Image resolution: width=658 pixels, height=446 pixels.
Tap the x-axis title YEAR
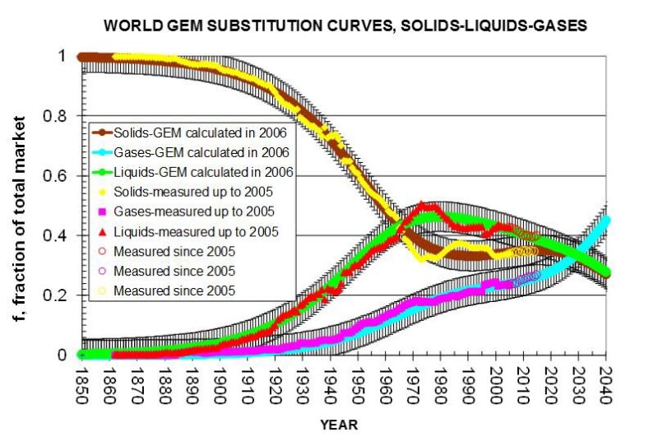(339, 425)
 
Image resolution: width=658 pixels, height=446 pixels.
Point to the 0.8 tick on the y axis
(61, 116)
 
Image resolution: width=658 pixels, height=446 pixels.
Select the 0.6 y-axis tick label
(61, 176)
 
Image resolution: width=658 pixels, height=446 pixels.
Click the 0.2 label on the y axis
(61, 295)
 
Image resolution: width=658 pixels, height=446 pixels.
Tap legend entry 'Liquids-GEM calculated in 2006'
(197, 172)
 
